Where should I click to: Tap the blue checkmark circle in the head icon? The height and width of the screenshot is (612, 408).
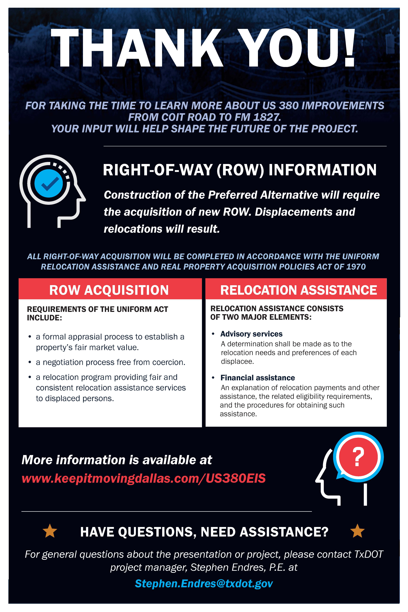[x=49, y=183]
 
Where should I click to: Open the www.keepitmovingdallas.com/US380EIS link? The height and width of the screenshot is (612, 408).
[x=144, y=478]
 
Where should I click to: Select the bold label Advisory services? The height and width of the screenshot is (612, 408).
[x=251, y=334]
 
